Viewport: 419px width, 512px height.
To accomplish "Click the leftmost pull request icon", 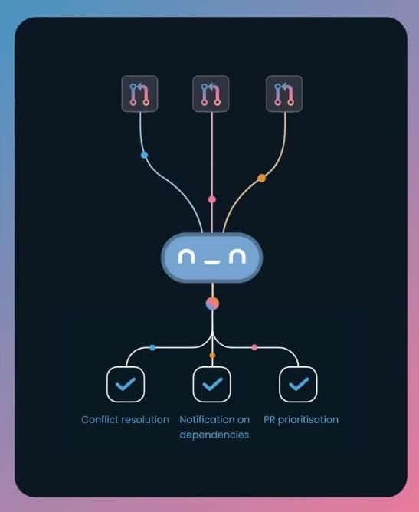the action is pyautogui.click(x=139, y=94).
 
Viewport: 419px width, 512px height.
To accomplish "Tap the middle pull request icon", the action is pyautogui.click(x=211, y=94).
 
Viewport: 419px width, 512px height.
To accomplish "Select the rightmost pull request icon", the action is pyautogui.click(x=284, y=94).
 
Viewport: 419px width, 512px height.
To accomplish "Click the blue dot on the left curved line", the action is pyautogui.click(x=144, y=155).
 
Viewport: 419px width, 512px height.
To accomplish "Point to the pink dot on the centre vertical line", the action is pyautogui.click(x=212, y=199).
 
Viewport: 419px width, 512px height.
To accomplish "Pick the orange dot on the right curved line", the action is pyautogui.click(x=262, y=178).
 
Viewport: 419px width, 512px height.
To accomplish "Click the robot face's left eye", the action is pyautogui.click(x=186, y=257).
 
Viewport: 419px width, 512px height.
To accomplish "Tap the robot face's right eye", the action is pyautogui.click(x=237, y=257).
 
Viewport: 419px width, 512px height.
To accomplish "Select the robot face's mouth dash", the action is pyautogui.click(x=211, y=262).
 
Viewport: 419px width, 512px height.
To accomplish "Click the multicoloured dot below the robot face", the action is pyautogui.click(x=212, y=304).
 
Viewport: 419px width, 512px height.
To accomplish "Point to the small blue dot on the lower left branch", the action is pyautogui.click(x=152, y=347).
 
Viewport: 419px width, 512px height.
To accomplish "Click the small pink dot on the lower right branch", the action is pyautogui.click(x=254, y=347).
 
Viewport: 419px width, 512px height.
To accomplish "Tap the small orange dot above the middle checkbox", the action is pyautogui.click(x=212, y=356).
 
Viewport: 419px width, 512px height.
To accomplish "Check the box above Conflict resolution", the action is pyautogui.click(x=126, y=384).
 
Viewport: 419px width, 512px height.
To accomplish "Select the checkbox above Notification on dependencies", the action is pyautogui.click(x=211, y=384).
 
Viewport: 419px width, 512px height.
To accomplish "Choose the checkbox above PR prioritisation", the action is pyautogui.click(x=298, y=384).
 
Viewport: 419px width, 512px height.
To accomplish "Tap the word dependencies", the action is pyautogui.click(x=214, y=435).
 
